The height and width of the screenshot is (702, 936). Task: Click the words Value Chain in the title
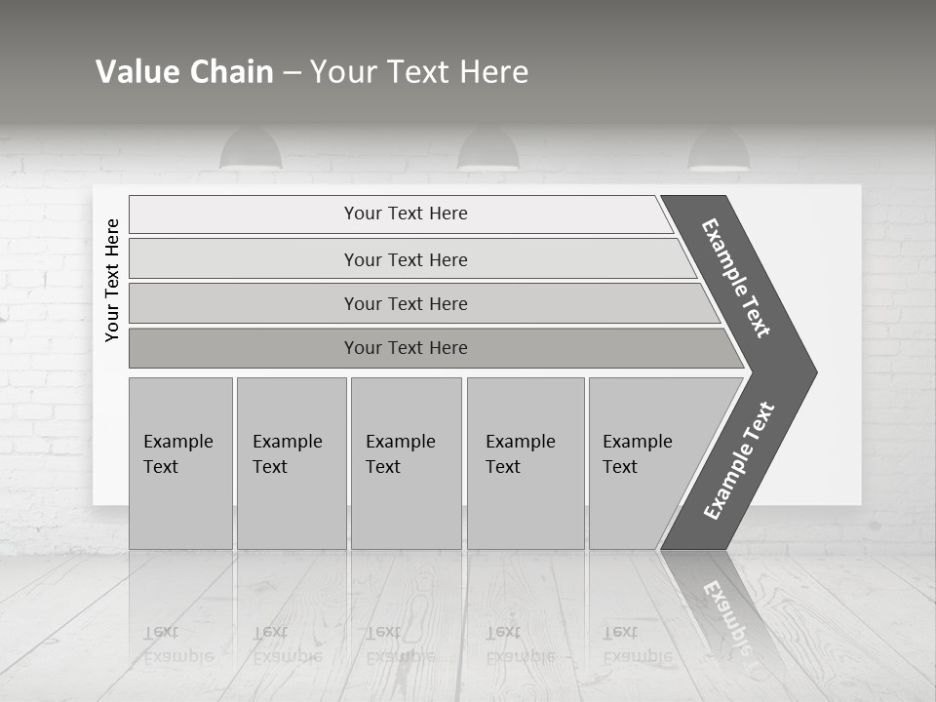pyautogui.click(x=184, y=71)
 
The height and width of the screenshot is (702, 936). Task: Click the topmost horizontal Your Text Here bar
pyautogui.click(x=405, y=214)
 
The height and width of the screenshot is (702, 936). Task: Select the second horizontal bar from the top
pyautogui.click(x=405, y=259)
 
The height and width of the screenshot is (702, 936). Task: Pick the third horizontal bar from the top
pyautogui.click(x=405, y=303)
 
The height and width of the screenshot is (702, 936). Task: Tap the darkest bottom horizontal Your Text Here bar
pyautogui.click(x=405, y=348)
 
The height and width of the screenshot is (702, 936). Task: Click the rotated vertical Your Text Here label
pyautogui.click(x=112, y=280)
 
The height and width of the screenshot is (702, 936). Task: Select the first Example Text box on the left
pyautogui.click(x=179, y=463)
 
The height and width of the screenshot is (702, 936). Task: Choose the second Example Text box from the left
pyautogui.click(x=291, y=463)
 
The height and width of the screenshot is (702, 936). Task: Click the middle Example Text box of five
pyautogui.click(x=406, y=463)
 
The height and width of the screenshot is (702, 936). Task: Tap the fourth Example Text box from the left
pyautogui.click(x=525, y=463)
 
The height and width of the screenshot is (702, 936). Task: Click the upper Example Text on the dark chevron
pyautogui.click(x=736, y=278)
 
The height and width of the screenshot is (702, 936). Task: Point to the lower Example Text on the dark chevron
pyautogui.click(x=739, y=461)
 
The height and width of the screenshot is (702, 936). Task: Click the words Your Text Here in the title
pyautogui.click(x=419, y=71)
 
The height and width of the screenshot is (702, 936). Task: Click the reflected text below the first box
pyautogui.click(x=177, y=643)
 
